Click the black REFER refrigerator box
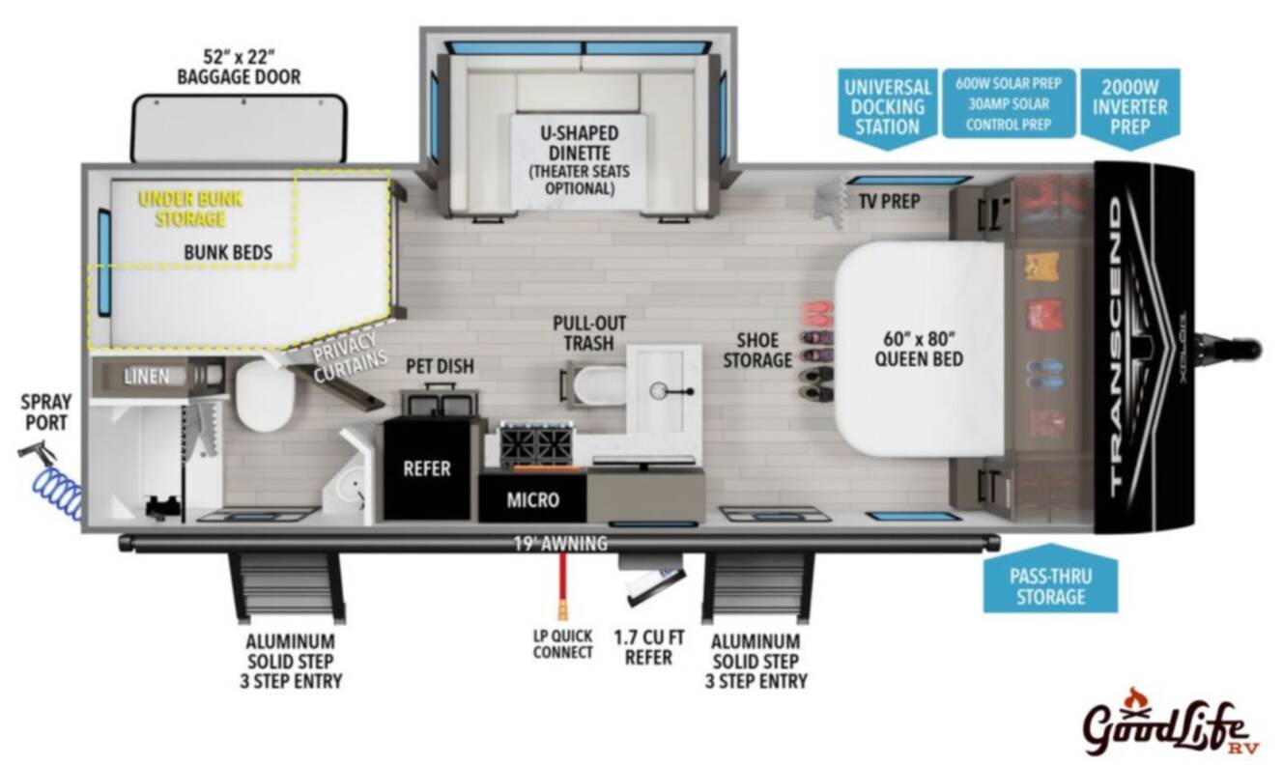coord(427,469)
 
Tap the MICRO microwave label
coord(532,500)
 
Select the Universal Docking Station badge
coord(887,109)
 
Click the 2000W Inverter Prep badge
coord(1129,109)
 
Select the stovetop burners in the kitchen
coord(536,444)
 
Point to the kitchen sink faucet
coord(673,391)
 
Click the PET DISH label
coord(440,366)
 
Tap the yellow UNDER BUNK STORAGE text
coord(190,209)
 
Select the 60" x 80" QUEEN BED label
coord(919,349)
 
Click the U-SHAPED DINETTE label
coord(579,143)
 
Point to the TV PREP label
coord(890,201)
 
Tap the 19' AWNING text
coord(560,544)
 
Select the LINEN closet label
coord(147,377)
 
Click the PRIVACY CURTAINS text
coord(350,357)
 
